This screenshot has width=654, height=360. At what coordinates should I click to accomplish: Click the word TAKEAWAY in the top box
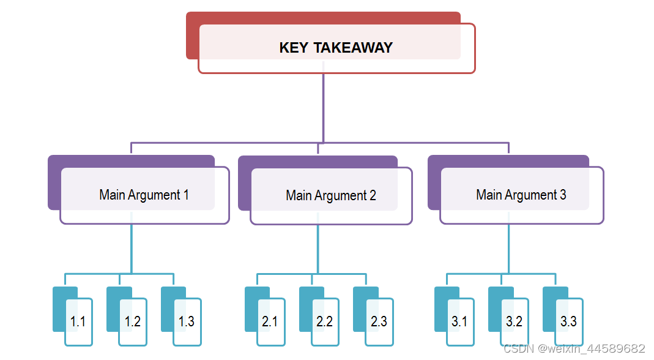point(353,48)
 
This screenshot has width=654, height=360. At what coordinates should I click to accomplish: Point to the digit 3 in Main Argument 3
point(563,195)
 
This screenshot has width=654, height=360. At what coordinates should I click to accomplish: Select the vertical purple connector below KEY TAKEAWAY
point(323,108)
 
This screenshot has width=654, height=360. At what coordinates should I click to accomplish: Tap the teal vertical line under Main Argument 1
point(132,249)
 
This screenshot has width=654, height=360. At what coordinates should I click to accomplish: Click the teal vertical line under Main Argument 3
point(509,249)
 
